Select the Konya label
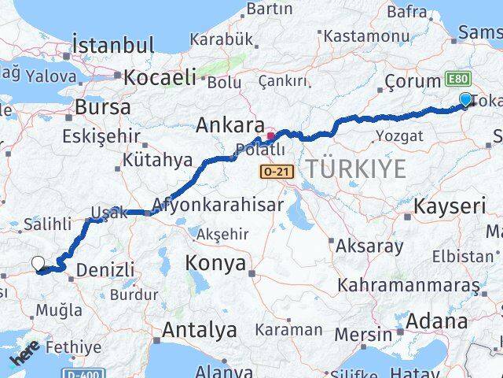point(215,264)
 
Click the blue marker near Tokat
point(465,100)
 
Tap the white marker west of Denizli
point(38,265)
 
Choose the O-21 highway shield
point(268,171)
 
